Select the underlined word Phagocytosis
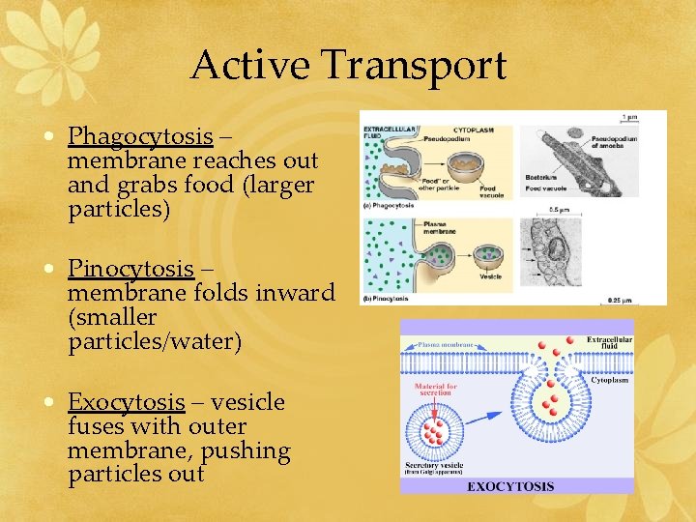140,135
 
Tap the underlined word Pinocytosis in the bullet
131,268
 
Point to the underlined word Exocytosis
126,401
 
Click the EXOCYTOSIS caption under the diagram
510,485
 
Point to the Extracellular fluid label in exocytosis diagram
609,343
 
